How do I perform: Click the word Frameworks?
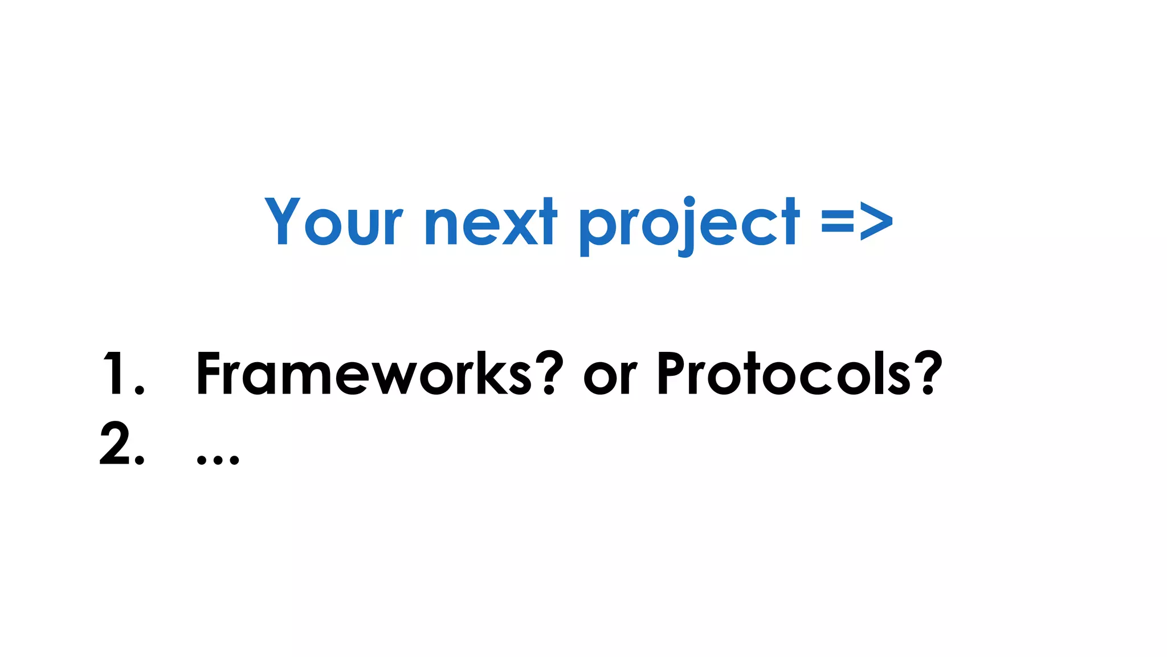click(365, 374)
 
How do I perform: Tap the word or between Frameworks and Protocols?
click(610, 376)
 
